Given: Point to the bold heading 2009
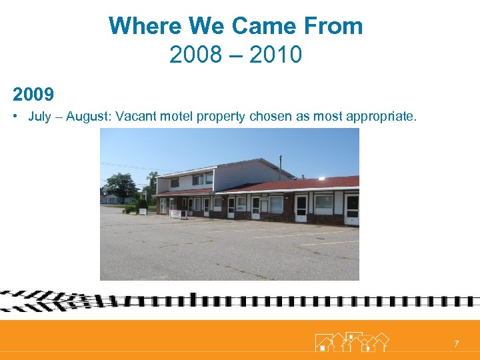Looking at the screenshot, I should [x=33, y=94].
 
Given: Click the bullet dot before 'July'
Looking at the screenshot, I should [x=15, y=117].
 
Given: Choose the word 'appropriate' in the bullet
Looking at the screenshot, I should [x=384, y=117].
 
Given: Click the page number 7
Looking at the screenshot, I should [x=456, y=344].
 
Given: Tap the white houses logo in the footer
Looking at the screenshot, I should [x=352, y=341].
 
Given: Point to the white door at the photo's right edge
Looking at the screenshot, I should [x=351, y=209].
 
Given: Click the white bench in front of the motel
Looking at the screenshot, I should [x=176, y=214].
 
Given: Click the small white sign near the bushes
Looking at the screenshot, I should [x=142, y=211].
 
